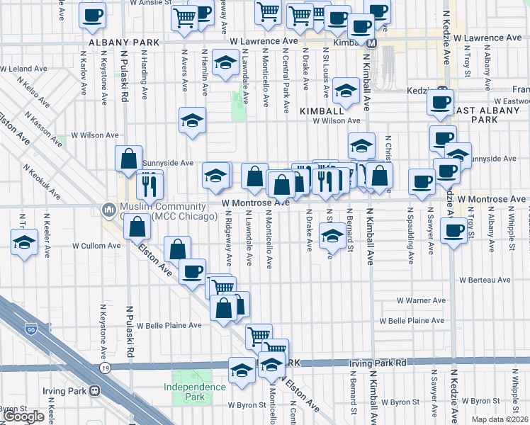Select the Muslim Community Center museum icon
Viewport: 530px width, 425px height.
pos(108,210)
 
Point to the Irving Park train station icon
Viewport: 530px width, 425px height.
pos(94,391)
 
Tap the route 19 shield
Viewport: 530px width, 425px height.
pos(105,369)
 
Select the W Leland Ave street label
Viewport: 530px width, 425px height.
pos(27,69)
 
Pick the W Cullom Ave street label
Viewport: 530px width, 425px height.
pos(96,246)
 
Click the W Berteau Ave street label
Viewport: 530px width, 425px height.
pos(485,280)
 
